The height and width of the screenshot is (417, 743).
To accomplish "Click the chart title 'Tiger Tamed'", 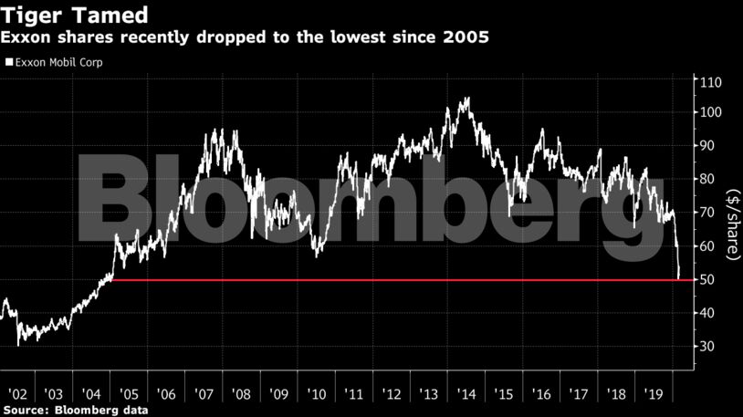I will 65,16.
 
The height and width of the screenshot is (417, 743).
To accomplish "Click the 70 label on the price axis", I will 707,213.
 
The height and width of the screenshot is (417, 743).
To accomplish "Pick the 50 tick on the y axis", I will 707,279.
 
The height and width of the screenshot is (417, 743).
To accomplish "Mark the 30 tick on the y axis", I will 707,347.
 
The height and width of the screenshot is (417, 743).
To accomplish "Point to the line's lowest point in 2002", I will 19,345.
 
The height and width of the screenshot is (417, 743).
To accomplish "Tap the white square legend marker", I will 9,64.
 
